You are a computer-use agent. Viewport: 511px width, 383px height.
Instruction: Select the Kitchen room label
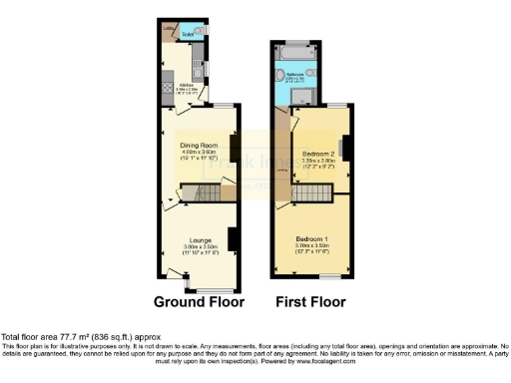coord(186,85)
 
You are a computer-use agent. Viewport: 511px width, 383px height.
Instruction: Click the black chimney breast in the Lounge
coord(231,239)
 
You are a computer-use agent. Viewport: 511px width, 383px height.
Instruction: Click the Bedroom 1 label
coord(312,240)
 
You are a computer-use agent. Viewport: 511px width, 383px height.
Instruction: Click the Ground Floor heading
coord(198,300)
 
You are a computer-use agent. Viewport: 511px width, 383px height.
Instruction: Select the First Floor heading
coord(311,300)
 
